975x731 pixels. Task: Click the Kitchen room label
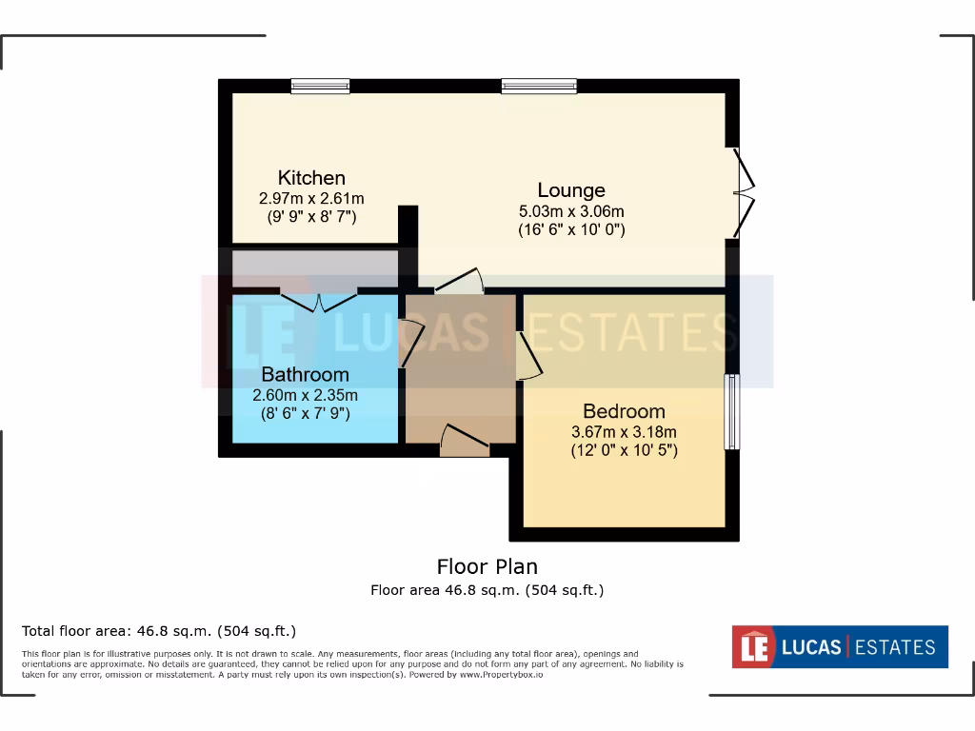(311, 178)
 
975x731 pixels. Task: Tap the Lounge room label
(571, 190)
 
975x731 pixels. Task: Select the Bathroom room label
(305, 374)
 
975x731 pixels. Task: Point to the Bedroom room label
(624, 411)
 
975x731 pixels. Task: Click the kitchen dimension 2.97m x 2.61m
(311, 199)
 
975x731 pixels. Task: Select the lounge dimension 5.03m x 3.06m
(571, 211)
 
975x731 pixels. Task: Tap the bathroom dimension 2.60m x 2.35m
(305, 395)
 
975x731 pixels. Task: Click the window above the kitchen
(320, 87)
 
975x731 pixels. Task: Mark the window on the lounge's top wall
(539, 87)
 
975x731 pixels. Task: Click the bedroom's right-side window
(731, 411)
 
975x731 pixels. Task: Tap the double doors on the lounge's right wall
(743, 193)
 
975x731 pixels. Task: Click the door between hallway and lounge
(459, 282)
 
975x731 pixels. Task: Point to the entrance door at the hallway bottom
(465, 441)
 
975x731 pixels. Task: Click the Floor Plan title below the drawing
(487, 567)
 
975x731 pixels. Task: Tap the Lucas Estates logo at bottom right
(839, 647)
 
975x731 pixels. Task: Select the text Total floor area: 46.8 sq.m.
(159, 630)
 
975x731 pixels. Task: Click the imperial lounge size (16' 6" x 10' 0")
(571, 230)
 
